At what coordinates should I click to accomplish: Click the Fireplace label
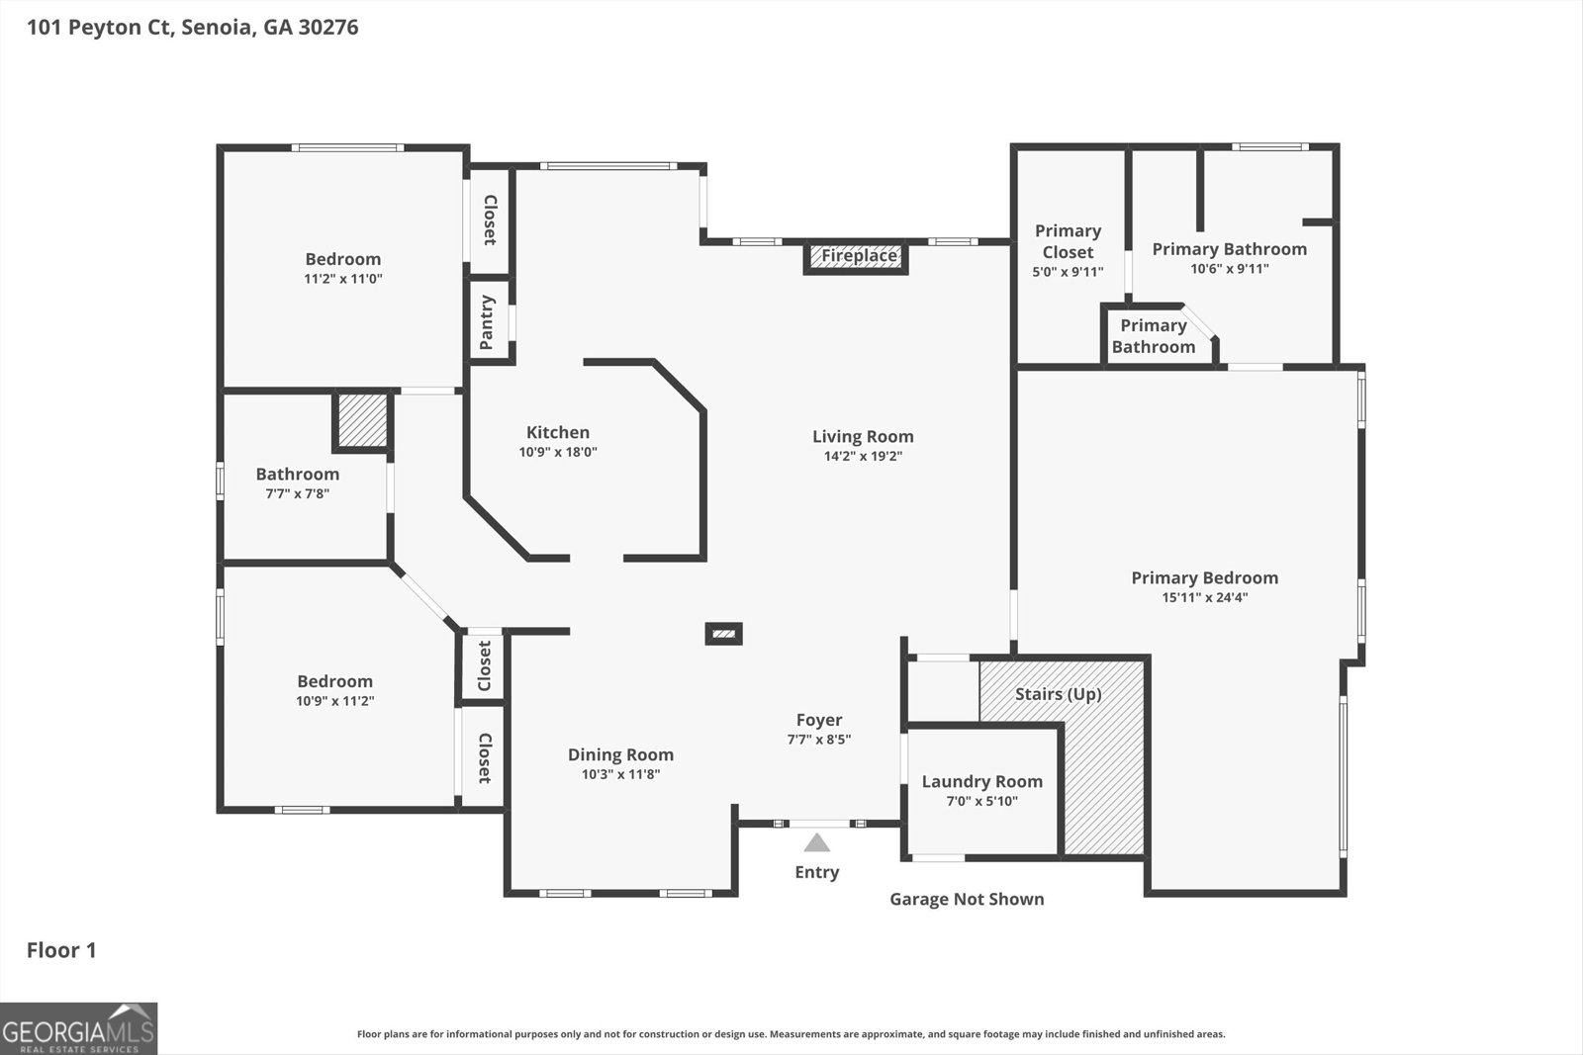tap(860, 255)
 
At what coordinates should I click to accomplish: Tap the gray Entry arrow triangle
tap(817, 843)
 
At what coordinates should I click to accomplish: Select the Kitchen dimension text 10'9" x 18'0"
tap(558, 452)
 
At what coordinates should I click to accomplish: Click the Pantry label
tap(486, 322)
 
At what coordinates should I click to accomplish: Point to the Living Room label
tap(863, 436)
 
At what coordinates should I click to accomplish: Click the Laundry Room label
tap(982, 782)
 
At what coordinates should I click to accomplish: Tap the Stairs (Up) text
tap(1059, 694)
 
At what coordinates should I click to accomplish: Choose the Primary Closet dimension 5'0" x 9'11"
tap(1068, 272)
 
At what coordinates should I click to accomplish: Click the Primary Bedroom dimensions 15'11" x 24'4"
tap(1205, 597)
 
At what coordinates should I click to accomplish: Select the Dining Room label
tap(621, 754)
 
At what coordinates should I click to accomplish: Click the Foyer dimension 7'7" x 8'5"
tap(819, 740)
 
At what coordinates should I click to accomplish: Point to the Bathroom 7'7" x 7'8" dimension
tap(298, 493)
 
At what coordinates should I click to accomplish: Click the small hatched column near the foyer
tap(723, 634)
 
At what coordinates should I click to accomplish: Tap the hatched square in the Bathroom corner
tap(362, 421)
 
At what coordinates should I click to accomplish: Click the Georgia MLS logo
tap(78, 1029)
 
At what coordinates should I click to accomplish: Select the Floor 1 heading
tap(61, 950)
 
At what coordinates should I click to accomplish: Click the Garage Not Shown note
tap(967, 899)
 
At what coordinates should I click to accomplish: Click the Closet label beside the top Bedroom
tap(490, 220)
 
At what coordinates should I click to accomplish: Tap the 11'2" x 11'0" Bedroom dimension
tap(343, 279)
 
